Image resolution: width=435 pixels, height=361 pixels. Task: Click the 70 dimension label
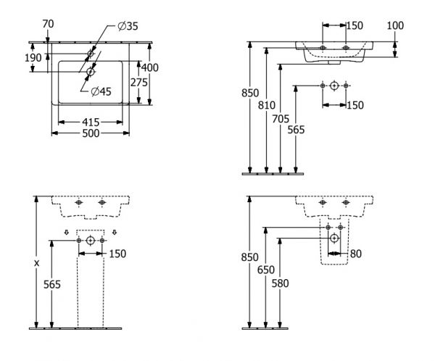[49, 25]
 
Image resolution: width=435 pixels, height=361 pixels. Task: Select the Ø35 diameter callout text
[127, 28]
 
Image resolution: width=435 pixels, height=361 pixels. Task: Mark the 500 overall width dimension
[91, 133]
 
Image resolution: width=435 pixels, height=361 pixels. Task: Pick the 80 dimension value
[355, 254]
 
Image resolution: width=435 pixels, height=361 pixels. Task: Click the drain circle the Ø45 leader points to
[91, 71]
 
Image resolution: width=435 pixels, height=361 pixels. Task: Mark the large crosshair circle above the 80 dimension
[333, 238]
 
